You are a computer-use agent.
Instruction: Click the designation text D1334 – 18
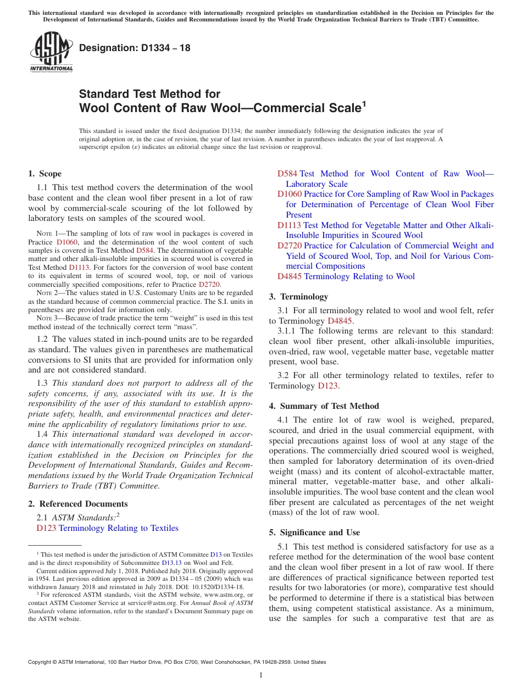coord(135,48)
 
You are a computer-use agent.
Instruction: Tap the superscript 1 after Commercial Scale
coord(363,103)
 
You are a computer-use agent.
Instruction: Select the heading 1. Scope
coord(45,174)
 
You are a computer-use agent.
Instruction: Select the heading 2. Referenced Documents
coord(77,504)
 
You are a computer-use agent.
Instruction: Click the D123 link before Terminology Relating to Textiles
coord(46,528)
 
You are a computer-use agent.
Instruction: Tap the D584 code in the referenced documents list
coord(287,174)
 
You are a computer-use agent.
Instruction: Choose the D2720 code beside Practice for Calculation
coord(290,246)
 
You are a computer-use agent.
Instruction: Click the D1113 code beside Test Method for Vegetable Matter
coord(289,225)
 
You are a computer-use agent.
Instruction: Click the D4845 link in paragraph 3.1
coord(340,321)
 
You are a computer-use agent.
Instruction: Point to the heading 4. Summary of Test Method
coord(324,406)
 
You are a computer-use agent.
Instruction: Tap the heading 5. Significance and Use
coord(314,532)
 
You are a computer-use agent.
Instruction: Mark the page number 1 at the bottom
coord(261,675)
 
